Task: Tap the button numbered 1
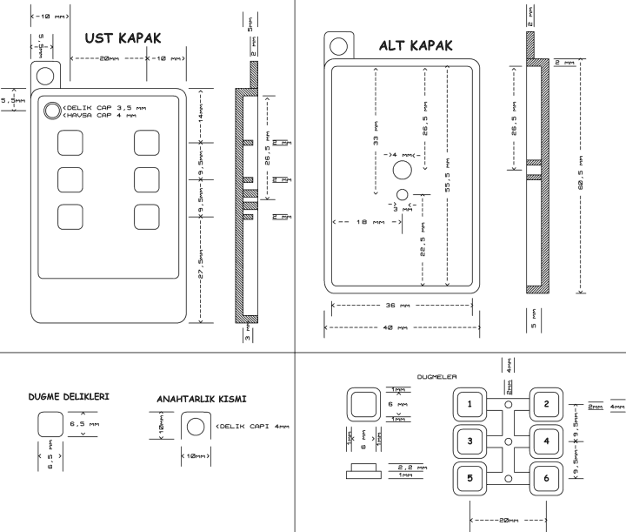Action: click(470, 404)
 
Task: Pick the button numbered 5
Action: click(470, 479)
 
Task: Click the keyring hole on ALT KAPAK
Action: click(339, 45)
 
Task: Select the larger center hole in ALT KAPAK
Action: click(402, 170)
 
